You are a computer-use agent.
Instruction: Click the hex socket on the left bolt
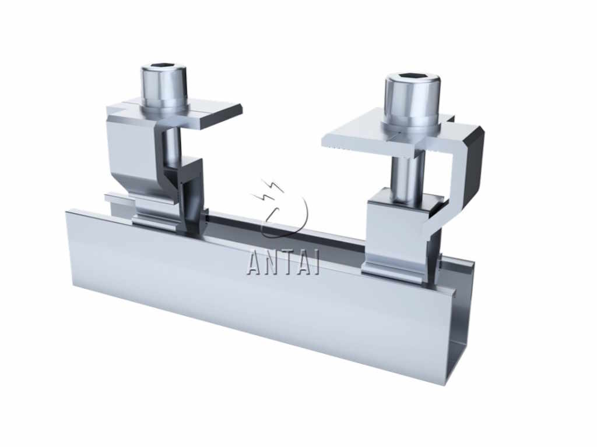tap(164, 69)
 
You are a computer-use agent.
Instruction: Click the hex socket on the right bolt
tap(412, 78)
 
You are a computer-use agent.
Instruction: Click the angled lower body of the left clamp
tap(131, 157)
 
